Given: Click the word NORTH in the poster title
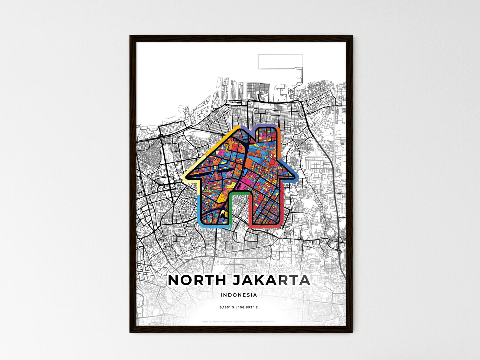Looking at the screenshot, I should pyautogui.click(x=197, y=280).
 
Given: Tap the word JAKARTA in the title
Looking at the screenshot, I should pyautogui.click(x=271, y=280).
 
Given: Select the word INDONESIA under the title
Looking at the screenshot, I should pyautogui.click(x=239, y=295).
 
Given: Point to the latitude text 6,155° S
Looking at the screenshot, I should pyautogui.click(x=227, y=308).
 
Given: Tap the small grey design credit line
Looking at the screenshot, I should pyautogui.click(x=239, y=321).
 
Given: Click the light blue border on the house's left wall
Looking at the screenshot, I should pyautogui.click(x=198, y=209).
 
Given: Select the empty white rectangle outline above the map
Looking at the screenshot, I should pyautogui.click(x=280, y=61).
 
